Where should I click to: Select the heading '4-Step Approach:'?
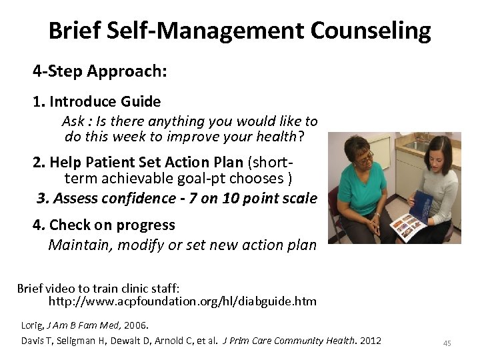[x=99, y=71]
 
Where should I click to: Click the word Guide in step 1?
[x=141, y=102]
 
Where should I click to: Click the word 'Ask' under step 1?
[x=73, y=121]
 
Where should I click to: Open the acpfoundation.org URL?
[x=182, y=301]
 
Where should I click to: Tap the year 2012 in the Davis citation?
[x=370, y=341]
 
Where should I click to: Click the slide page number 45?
[x=447, y=343]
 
